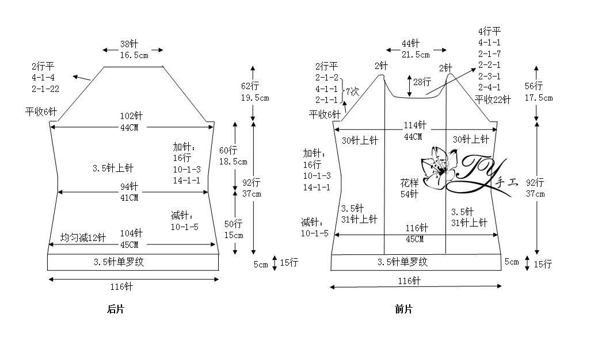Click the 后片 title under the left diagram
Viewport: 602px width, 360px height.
116,309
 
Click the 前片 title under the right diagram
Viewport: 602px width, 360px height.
403,309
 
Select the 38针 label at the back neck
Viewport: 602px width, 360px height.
129,44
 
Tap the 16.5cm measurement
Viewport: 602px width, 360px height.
134,55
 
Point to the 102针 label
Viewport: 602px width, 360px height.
131,116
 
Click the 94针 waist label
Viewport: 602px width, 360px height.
129,186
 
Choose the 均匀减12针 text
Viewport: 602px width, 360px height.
83,238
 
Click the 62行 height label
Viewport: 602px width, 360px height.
250,86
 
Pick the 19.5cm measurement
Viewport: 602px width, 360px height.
255,98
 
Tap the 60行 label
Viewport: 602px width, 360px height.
228,150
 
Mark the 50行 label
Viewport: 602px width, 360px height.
234,224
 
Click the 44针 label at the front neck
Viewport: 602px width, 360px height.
410,43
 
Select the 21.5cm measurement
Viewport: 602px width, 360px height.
416,55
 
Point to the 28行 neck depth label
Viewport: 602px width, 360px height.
422,82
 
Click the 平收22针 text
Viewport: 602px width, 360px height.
493,100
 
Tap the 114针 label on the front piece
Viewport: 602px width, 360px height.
414,125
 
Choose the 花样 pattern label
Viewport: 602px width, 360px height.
409,183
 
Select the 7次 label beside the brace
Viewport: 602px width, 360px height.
352,92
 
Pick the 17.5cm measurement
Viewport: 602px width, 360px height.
539,98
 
